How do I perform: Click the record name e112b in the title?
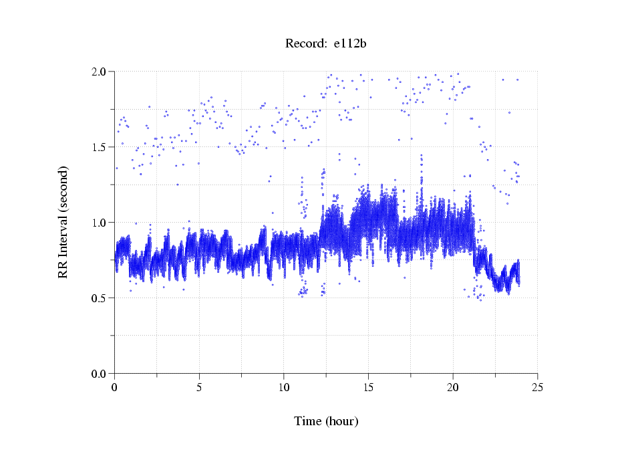coord(351,44)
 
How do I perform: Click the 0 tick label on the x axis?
coord(115,387)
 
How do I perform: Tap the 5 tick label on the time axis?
coord(199,387)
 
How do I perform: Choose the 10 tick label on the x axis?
coord(284,387)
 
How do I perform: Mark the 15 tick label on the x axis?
coord(368,387)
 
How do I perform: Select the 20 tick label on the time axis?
coord(453,387)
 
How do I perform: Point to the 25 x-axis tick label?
coord(537,387)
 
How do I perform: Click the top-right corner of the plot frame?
coord(537,71)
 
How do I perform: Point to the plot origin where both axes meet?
coord(115,373)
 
